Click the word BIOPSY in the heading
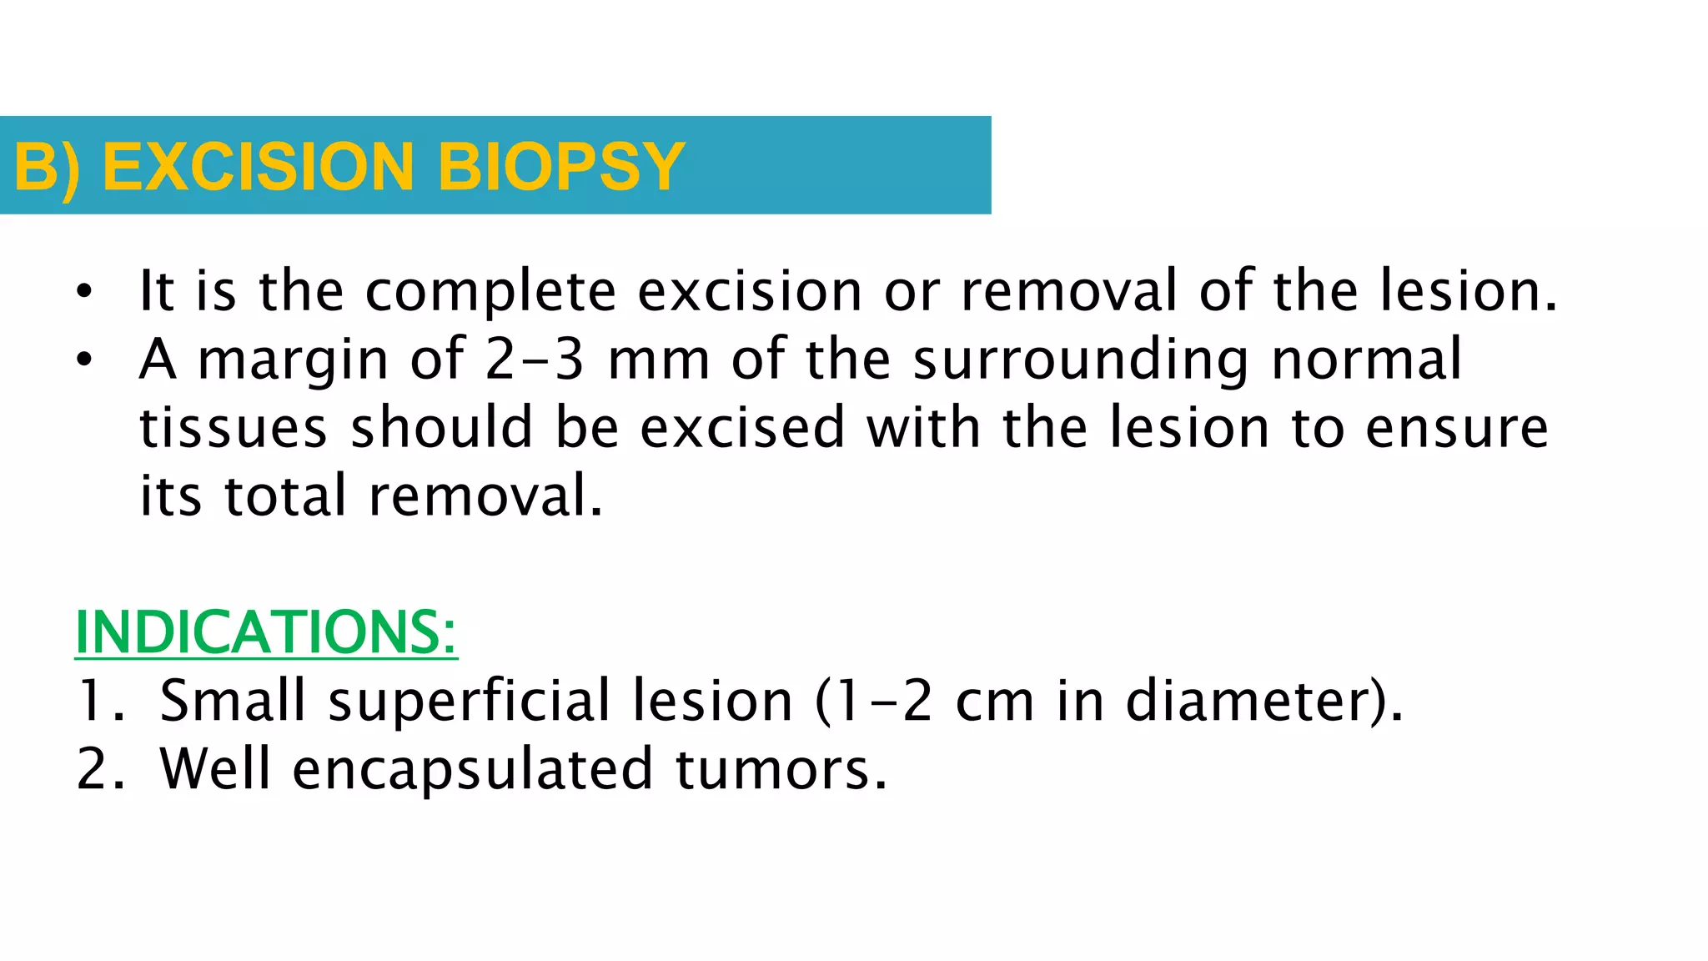(560, 167)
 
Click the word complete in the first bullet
(490, 291)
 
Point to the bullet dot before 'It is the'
(83, 292)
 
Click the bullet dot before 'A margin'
(83, 360)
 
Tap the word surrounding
(1081, 360)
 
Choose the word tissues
(233, 427)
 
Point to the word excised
(743, 427)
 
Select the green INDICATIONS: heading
(266, 631)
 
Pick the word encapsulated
(472, 769)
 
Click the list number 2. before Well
(101, 769)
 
